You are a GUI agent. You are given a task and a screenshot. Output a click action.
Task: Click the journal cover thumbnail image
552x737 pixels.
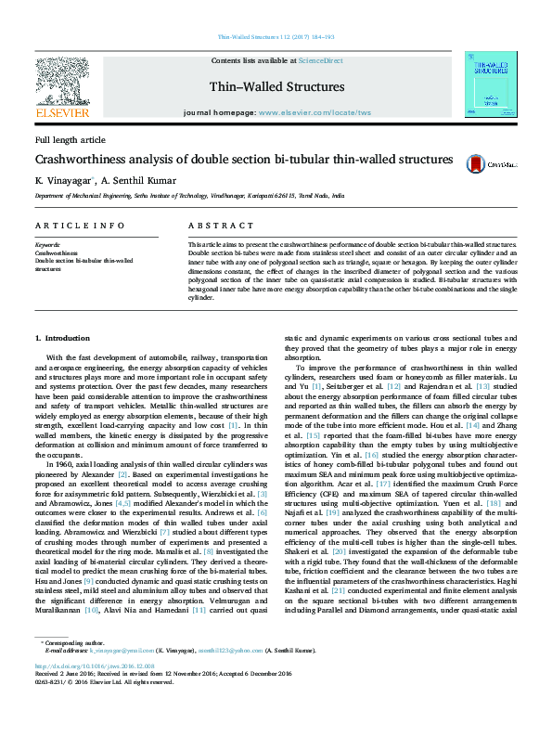[491, 86]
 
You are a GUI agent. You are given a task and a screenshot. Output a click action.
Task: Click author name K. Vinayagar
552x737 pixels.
[63, 181]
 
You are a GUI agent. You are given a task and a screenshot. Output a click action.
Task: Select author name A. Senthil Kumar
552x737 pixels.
[137, 181]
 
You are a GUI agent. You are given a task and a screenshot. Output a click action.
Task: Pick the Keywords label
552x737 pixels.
[47, 245]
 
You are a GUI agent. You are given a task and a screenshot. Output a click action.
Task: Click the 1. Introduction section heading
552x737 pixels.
[62, 337]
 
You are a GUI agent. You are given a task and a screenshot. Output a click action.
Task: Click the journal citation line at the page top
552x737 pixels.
[276, 36]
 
